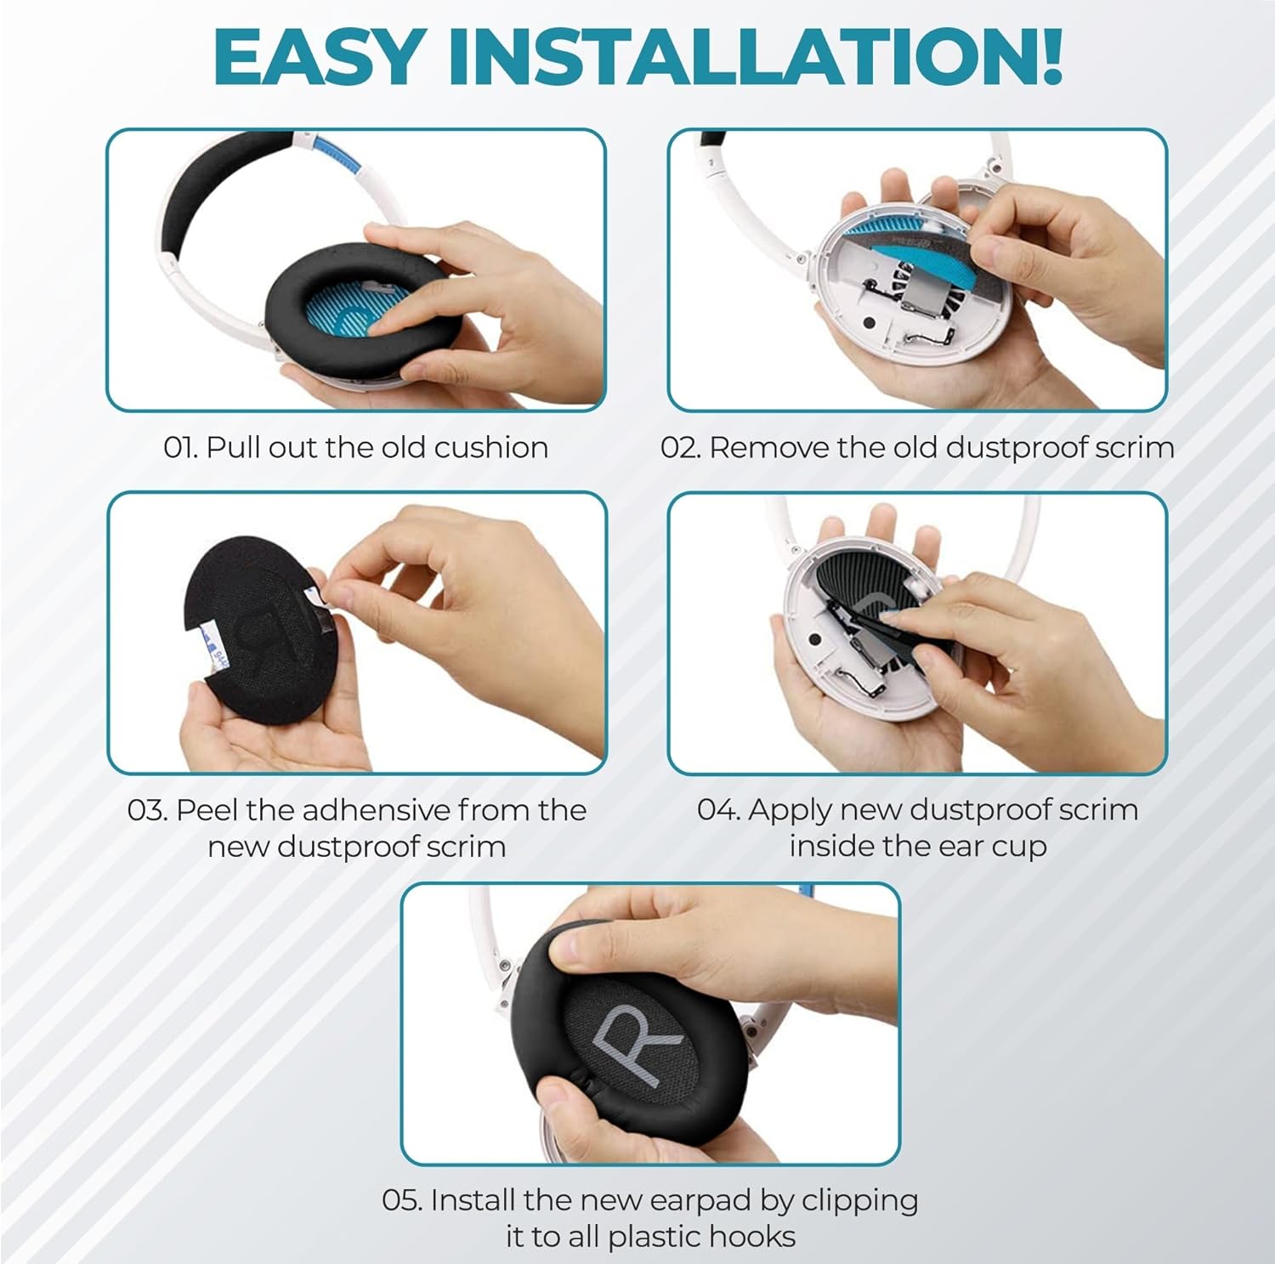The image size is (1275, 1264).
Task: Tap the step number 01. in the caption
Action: click(180, 447)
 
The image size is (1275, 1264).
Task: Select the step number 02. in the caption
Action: click(680, 447)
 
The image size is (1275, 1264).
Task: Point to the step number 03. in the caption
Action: click(147, 810)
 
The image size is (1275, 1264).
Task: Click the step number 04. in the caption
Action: click(718, 810)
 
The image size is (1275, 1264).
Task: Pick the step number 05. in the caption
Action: click(402, 1200)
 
